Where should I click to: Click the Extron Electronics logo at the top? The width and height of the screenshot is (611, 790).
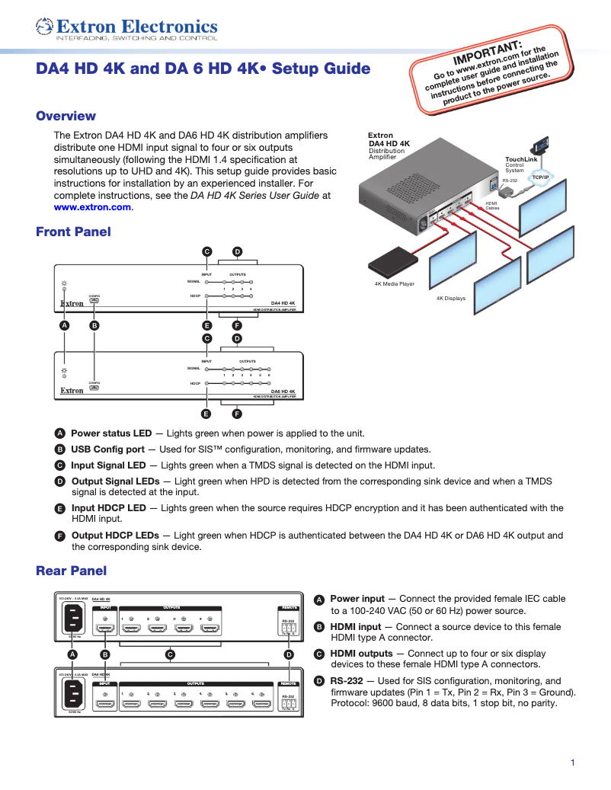point(126,29)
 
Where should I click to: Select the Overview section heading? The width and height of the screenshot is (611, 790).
point(66,117)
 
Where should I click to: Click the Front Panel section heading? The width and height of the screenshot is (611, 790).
point(73,232)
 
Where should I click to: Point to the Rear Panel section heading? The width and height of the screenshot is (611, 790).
point(71,571)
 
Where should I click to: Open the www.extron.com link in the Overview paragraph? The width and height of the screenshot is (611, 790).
point(92,207)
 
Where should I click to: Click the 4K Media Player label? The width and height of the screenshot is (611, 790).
point(394,283)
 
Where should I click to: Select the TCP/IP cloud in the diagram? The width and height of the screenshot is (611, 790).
point(540,177)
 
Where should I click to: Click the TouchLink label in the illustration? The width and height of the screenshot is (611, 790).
point(521,159)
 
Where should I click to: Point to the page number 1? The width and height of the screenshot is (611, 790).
point(572,763)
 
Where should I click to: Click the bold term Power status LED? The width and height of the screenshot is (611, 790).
point(111,433)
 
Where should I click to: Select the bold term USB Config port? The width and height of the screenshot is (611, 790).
point(107,449)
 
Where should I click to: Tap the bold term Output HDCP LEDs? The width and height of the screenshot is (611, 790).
point(115,536)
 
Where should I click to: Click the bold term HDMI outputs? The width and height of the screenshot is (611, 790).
point(361,654)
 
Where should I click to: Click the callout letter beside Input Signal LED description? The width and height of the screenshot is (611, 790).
point(59,465)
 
